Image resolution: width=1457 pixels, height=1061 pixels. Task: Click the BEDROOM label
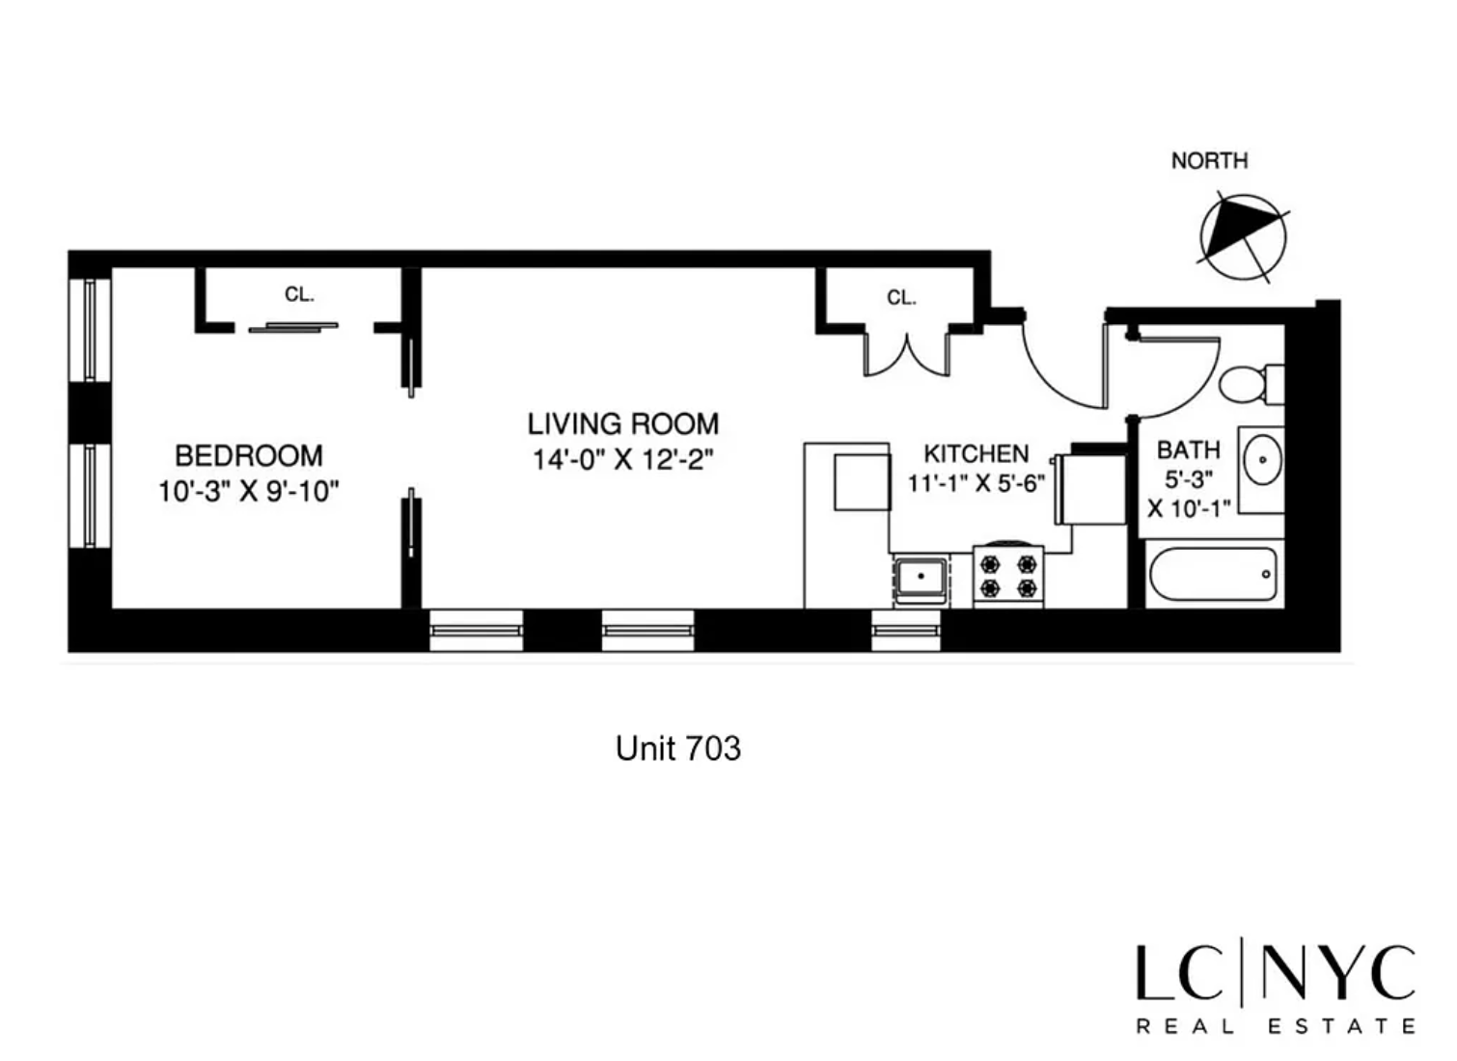249,455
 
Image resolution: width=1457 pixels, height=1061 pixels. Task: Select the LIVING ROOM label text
623,424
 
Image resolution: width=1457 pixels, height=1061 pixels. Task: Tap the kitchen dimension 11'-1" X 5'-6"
976,483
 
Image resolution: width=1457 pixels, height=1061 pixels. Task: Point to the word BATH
1189,449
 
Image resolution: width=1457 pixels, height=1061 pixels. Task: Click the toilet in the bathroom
1251,384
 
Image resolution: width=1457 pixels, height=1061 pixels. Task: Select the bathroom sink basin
1262,460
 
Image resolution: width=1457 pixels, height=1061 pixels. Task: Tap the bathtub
1214,574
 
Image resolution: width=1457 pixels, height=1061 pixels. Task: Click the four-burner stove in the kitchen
1008,576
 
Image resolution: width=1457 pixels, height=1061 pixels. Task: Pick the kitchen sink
921,581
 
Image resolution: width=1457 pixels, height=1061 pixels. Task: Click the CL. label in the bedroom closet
299,294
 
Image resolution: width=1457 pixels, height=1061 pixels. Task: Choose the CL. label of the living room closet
901,298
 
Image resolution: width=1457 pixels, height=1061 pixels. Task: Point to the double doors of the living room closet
907,354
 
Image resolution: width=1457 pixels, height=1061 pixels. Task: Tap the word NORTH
1209,160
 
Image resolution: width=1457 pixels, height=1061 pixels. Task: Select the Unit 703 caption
677,748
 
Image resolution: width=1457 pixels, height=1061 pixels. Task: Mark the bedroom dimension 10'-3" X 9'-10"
249,492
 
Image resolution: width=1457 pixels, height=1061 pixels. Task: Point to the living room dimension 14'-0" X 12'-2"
623,460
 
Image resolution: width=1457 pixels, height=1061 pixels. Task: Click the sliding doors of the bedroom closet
293,327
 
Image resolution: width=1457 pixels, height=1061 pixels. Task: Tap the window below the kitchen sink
905,631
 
